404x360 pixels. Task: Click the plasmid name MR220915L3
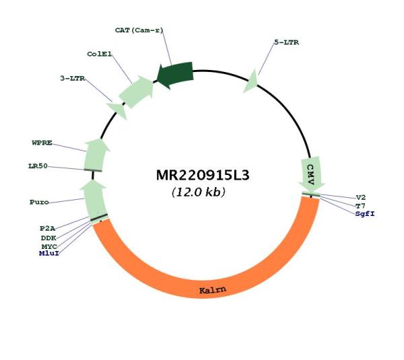pyautogui.click(x=203, y=176)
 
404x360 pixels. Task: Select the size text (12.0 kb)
pyautogui.click(x=199, y=192)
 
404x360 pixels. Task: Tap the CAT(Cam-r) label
pyautogui.click(x=139, y=30)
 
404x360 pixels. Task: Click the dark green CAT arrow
pyautogui.click(x=175, y=75)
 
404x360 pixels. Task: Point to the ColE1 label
pyautogui.click(x=100, y=54)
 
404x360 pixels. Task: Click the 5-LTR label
pyautogui.click(x=287, y=42)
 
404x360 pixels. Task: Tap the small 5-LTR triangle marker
pyautogui.click(x=251, y=82)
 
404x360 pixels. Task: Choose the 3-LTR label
pyautogui.click(x=73, y=78)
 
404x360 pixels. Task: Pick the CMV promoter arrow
pyautogui.click(x=311, y=174)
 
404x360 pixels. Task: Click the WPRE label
pyautogui.click(x=42, y=143)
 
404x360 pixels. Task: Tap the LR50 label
pyautogui.click(x=38, y=166)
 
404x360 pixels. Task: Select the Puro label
pyautogui.click(x=39, y=202)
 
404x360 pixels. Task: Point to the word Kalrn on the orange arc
pyautogui.click(x=213, y=290)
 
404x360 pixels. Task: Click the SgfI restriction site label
pyautogui.click(x=365, y=214)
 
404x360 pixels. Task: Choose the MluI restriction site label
pyautogui.click(x=49, y=254)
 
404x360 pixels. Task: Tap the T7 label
pyautogui.click(x=360, y=206)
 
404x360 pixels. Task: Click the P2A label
pyautogui.click(x=48, y=228)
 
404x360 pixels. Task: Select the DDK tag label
pyautogui.click(x=48, y=238)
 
